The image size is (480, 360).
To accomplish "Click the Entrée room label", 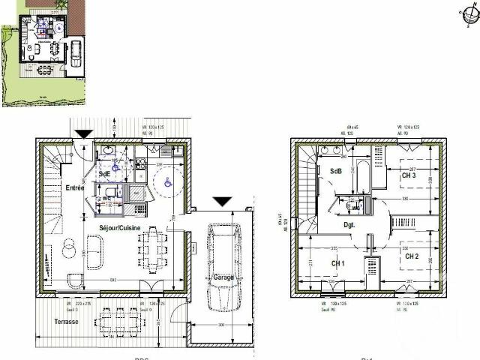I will coord(73,187).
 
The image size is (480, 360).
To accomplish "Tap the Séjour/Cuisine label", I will coord(119,226).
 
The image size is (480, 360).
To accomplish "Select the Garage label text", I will coord(223,277).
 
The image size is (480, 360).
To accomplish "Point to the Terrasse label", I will coord(66,321).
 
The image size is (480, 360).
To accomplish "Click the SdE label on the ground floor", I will coord(104,174).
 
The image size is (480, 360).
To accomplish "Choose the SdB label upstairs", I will coord(335,170).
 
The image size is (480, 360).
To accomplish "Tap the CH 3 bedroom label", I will coord(409,175).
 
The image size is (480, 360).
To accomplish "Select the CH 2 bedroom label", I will coord(412,256).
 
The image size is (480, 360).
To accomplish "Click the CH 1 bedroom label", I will coord(338,263).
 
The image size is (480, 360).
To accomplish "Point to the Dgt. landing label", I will coord(349,224).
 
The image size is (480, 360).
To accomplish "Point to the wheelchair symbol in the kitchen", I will coord(167,180).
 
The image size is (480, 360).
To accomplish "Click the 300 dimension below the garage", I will coord(221,325).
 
